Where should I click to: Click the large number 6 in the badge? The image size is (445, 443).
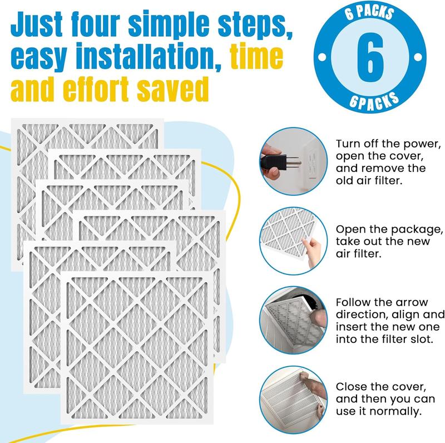[370, 57]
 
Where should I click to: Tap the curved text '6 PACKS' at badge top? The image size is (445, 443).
[369, 13]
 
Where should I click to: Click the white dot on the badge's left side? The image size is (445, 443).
[322, 57]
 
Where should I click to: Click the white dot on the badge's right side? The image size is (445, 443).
[418, 57]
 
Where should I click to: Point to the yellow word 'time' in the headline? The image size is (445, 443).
[257, 56]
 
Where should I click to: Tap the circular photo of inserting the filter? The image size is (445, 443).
[293, 320]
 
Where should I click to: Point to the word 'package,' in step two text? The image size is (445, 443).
[414, 230]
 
